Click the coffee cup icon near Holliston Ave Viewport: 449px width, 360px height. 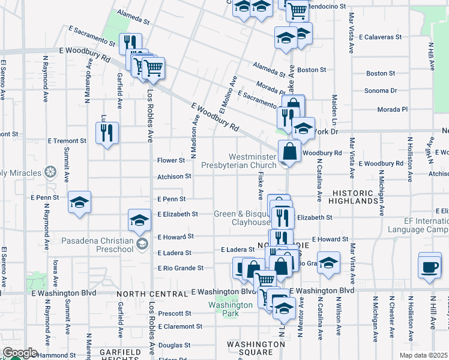(430, 268)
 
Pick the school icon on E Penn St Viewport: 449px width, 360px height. (79, 203)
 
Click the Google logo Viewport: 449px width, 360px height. (20, 353)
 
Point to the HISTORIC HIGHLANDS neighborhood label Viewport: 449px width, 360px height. (355, 197)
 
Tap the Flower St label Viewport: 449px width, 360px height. (170, 161)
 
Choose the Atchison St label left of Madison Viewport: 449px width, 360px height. (174, 176)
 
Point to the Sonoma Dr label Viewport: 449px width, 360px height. (381, 91)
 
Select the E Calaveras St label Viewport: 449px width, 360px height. (380, 37)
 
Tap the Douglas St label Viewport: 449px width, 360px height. (174, 346)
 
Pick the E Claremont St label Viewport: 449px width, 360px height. (180, 327)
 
